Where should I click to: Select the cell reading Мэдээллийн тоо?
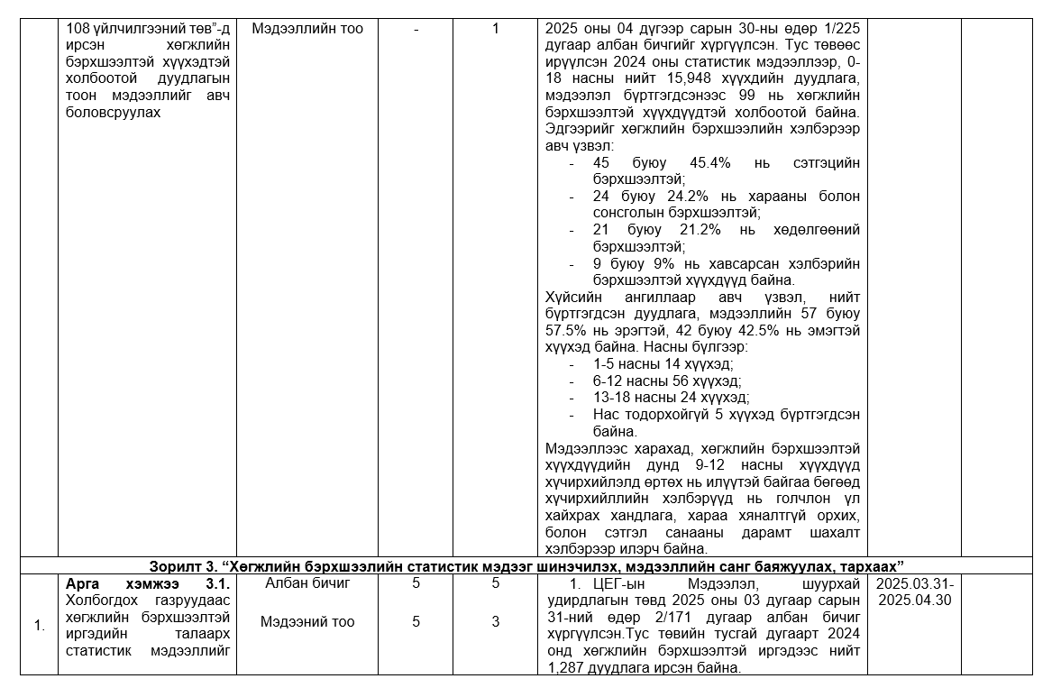307,29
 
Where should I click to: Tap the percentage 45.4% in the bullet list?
709,163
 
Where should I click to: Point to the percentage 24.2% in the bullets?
709,197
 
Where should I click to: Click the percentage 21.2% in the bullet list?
709,230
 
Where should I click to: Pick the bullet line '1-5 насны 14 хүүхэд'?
663,364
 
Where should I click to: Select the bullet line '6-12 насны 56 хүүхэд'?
666,381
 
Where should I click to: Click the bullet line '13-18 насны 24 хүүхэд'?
671,398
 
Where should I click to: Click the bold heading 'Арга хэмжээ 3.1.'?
148,583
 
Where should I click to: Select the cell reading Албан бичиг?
307,583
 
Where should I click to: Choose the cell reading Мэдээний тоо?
307,621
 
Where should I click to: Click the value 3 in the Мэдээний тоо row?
495,621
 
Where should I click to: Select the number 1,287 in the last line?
564,668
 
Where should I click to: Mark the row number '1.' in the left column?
40,625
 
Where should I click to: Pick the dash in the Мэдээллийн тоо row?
416,29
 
